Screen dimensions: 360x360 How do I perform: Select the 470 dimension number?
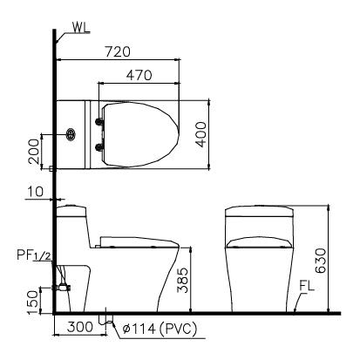point(139,76)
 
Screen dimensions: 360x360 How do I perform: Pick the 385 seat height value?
point(181,281)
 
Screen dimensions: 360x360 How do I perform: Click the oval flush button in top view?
point(72,136)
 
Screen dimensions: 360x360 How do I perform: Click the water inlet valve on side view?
point(61,284)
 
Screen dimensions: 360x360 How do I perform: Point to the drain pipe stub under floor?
point(107,319)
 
